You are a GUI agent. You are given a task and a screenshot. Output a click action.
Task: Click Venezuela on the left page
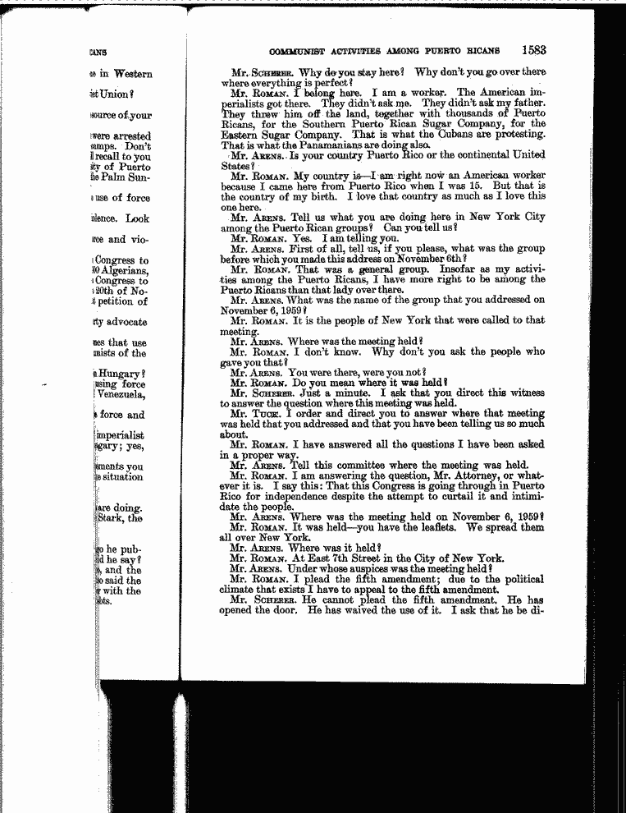[x=121, y=394]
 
